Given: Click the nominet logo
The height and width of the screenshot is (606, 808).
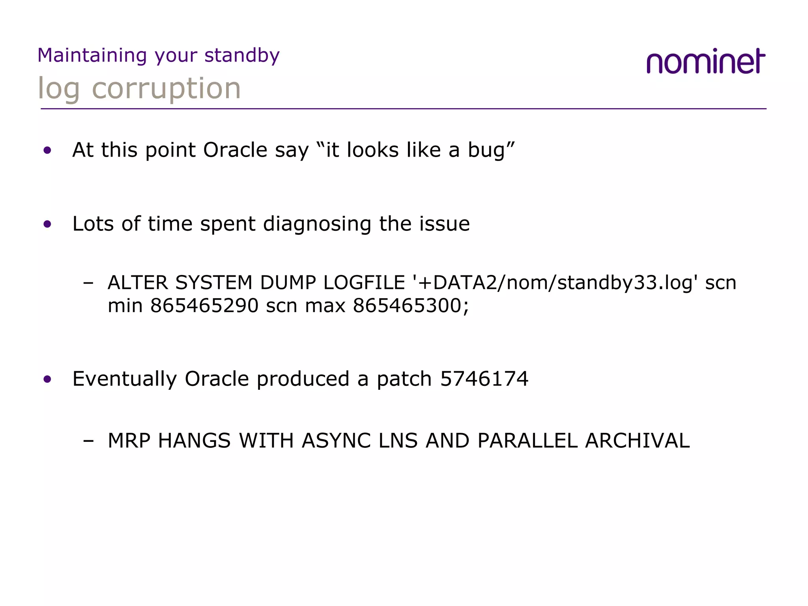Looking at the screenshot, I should [705, 62].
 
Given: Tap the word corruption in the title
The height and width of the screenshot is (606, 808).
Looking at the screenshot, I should [166, 88].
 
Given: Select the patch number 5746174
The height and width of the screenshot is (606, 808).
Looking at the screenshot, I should [484, 379].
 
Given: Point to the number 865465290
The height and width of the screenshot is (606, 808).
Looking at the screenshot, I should [204, 305].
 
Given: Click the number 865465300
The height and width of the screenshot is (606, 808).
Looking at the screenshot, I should [407, 305].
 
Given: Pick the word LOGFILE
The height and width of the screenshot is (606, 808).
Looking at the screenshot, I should [364, 282].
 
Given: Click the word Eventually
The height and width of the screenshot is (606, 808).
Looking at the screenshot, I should [125, 379].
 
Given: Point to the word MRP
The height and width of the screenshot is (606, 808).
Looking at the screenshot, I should [129, 441].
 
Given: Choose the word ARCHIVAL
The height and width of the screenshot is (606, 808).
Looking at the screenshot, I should [637, 441].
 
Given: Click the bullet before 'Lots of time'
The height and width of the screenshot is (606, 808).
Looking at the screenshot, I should [48, 224].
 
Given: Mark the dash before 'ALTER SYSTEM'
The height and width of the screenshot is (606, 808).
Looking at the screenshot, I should [88, 283].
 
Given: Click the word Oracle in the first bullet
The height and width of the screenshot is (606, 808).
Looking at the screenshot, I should [235, 150].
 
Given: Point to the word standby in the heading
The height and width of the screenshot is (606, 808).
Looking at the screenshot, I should [242, 55].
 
